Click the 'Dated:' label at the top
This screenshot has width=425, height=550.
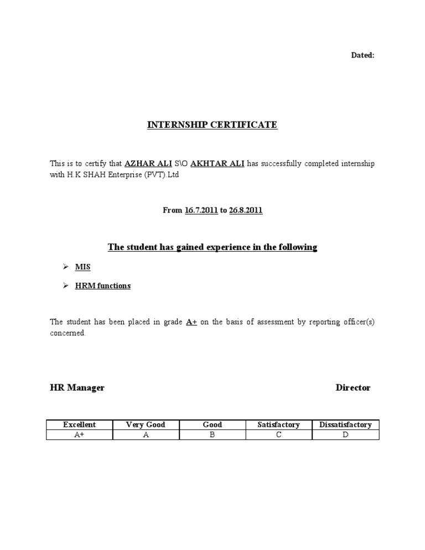click(x=363, y=55)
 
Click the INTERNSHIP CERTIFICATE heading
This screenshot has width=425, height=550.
click(x=212, y=125)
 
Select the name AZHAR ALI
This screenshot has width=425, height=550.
click(x=148, y=164)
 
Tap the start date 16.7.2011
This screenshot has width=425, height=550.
click(x=201, y=211)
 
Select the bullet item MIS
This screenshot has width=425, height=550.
click(x=82, y=267)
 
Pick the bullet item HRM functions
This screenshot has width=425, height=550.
click(x=103, y=286)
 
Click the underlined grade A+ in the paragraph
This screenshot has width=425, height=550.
click(x=191, y=322)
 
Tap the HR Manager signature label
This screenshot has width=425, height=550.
click(x=77, y=388)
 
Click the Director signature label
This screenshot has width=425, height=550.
click(x=353, y=388)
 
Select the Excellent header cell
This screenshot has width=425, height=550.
click(x=79, y=425)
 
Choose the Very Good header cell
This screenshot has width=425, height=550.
click(x=146, y=425)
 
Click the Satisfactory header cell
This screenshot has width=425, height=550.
click(x=278, y=425)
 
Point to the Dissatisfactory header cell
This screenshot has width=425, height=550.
click(x=345, y=425)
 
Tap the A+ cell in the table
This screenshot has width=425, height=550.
click(x=79, y=435)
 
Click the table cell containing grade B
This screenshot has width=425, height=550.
click(x=212, y=435)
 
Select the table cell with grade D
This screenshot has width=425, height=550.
click(x=345, y=435)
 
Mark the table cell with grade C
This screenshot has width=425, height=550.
click(x=278, y=435)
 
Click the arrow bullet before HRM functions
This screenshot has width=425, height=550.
click(x=65, y=286)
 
